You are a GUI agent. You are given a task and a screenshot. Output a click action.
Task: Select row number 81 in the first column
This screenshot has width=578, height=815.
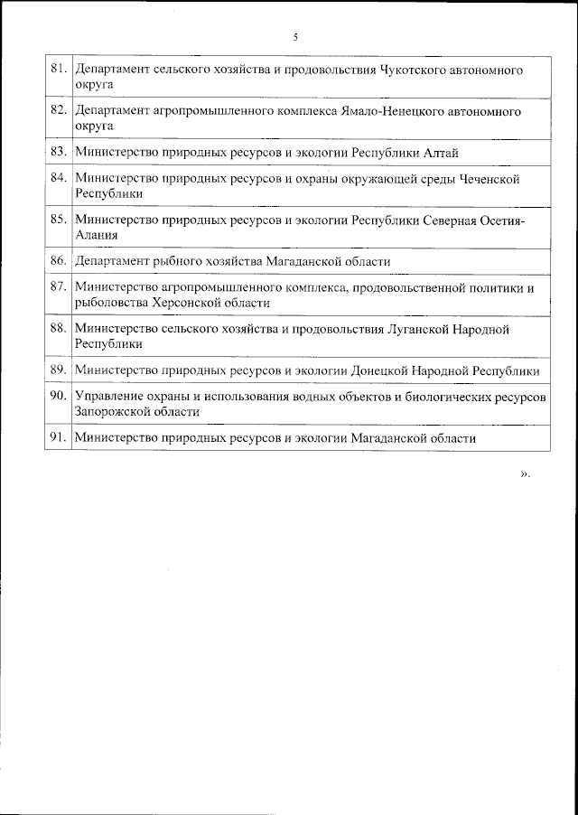pyautogui.click(x=59, y=69)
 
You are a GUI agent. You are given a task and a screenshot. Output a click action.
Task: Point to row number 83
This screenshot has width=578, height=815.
pyautogui.click(x=59, y=152)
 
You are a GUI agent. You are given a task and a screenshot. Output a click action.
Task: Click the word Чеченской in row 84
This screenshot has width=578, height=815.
pyautogui.click(x=489, y=179)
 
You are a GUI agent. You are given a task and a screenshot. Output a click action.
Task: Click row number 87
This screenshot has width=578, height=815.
pyautogui.click(x=59, y=288)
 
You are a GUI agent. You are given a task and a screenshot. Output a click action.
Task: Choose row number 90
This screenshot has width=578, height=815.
pyautogui.click(x=59, y=398)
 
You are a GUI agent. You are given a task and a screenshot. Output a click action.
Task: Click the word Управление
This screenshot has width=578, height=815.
pyautogui.click(x=109, y=398)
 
